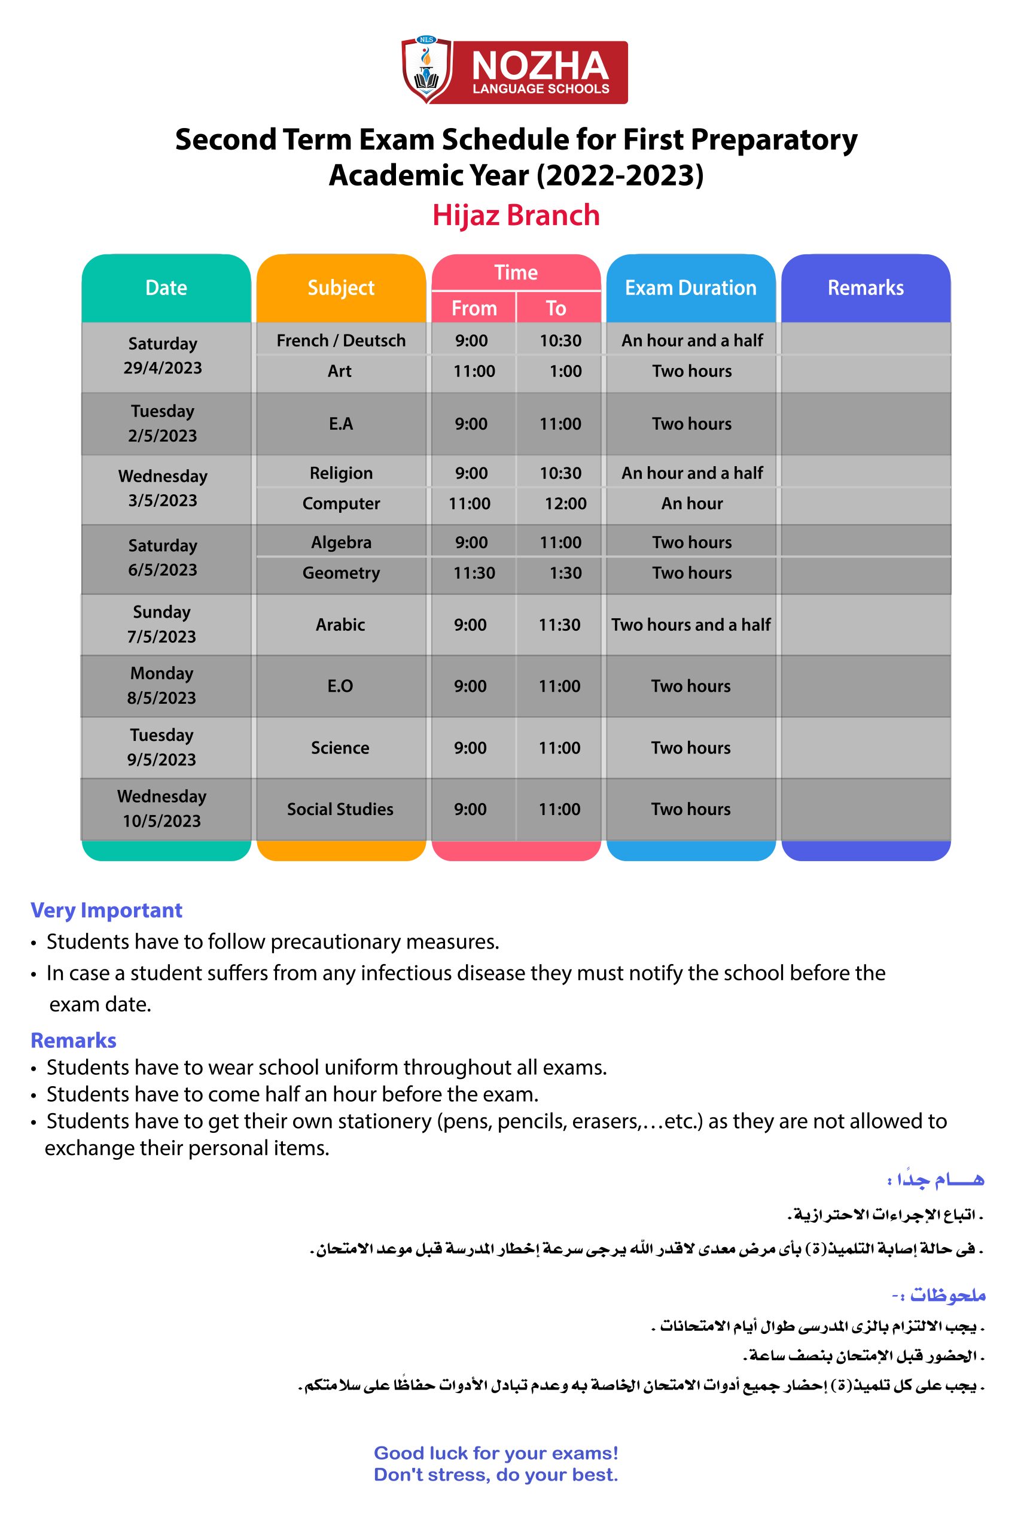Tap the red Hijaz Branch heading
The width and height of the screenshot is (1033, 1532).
[x=516, y=215]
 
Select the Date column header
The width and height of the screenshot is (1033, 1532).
[x=166, y=288]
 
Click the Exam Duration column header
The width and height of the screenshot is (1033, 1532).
[x=690, y=288]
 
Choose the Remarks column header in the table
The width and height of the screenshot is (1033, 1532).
[x=866, y=288]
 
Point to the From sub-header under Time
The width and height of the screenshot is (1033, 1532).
[x=474, y=308]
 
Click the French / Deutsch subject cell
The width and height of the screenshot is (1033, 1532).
[x=340, y=341]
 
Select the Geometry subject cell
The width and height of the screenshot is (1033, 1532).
[x=340, y=573]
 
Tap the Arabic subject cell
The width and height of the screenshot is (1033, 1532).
[x=340, y=625]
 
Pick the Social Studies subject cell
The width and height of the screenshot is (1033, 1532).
[x=340, y=809]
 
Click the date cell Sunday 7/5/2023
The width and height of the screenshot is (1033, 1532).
[x=162, y=625]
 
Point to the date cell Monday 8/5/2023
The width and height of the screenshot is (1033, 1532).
[x=162, y=686]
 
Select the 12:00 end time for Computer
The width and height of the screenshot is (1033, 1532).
[x=565, y=504]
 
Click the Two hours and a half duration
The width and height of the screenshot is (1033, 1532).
[x=690, y=625]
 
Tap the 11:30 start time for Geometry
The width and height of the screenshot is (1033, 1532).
[x=474, y=573]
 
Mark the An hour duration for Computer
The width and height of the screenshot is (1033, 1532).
[x=691, y=504]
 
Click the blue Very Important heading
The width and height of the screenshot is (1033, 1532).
[x=106, y=910]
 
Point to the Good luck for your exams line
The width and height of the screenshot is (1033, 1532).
[x=495, y=1453]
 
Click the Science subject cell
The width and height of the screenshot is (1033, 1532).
[x=340, y=748]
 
